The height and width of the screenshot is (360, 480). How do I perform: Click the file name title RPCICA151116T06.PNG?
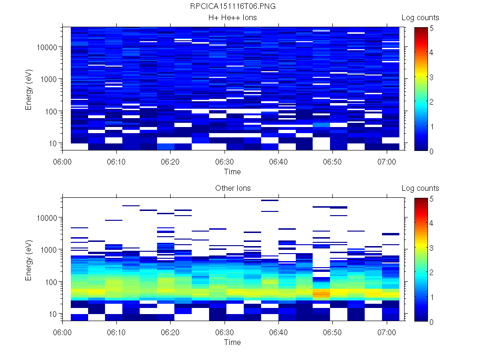232,7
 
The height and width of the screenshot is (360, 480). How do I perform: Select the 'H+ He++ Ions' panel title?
232,18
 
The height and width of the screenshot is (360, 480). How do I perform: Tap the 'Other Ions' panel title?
232,188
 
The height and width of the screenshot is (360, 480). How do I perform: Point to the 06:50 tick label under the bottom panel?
332,331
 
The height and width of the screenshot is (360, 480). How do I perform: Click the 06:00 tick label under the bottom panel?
63,331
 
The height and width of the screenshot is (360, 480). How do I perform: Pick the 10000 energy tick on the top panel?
47,47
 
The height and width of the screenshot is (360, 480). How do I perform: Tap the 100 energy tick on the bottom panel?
51,282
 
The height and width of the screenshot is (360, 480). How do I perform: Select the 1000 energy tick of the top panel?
49,79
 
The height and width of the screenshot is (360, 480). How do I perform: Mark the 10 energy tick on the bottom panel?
52,314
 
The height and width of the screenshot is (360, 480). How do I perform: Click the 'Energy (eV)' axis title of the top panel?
29,89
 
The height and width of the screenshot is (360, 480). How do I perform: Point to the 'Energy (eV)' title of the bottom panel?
29,260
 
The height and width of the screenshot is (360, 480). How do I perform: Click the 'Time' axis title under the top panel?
232,172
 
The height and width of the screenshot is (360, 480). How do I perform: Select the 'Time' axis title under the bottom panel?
232,342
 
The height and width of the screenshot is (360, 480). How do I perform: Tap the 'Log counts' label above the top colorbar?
420,18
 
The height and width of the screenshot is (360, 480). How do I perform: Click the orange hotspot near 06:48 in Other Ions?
321,293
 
